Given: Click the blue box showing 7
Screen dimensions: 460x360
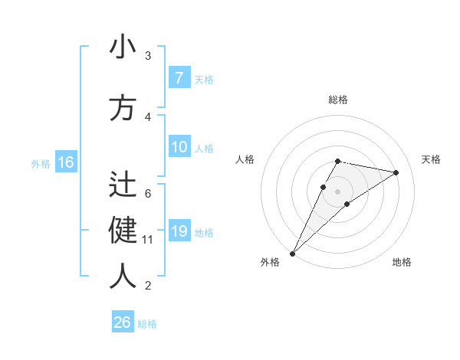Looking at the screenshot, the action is point(179,78).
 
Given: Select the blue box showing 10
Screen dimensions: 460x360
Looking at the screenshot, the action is point(179,148).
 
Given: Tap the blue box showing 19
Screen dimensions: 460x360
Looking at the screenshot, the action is point(179,232).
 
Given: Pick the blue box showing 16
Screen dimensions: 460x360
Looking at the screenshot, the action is point(66,162).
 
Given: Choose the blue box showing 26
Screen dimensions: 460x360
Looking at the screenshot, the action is point(123,322).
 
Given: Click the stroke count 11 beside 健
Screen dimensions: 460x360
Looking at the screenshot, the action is point(148,240).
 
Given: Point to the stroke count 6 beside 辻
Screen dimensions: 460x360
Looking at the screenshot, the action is point(148,193).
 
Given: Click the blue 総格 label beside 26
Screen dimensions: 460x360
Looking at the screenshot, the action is point(148,324).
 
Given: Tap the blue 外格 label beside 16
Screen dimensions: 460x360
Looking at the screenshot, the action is point(41,163).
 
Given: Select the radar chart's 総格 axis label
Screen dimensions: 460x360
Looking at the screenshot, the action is point(338,100).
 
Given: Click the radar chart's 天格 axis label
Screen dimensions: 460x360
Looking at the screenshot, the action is point(431,159).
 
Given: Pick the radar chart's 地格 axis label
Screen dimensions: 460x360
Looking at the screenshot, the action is point(402,263).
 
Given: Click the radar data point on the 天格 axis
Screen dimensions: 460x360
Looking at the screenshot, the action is point(396,172).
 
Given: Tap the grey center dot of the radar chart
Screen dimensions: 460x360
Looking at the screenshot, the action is point(338,191).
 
